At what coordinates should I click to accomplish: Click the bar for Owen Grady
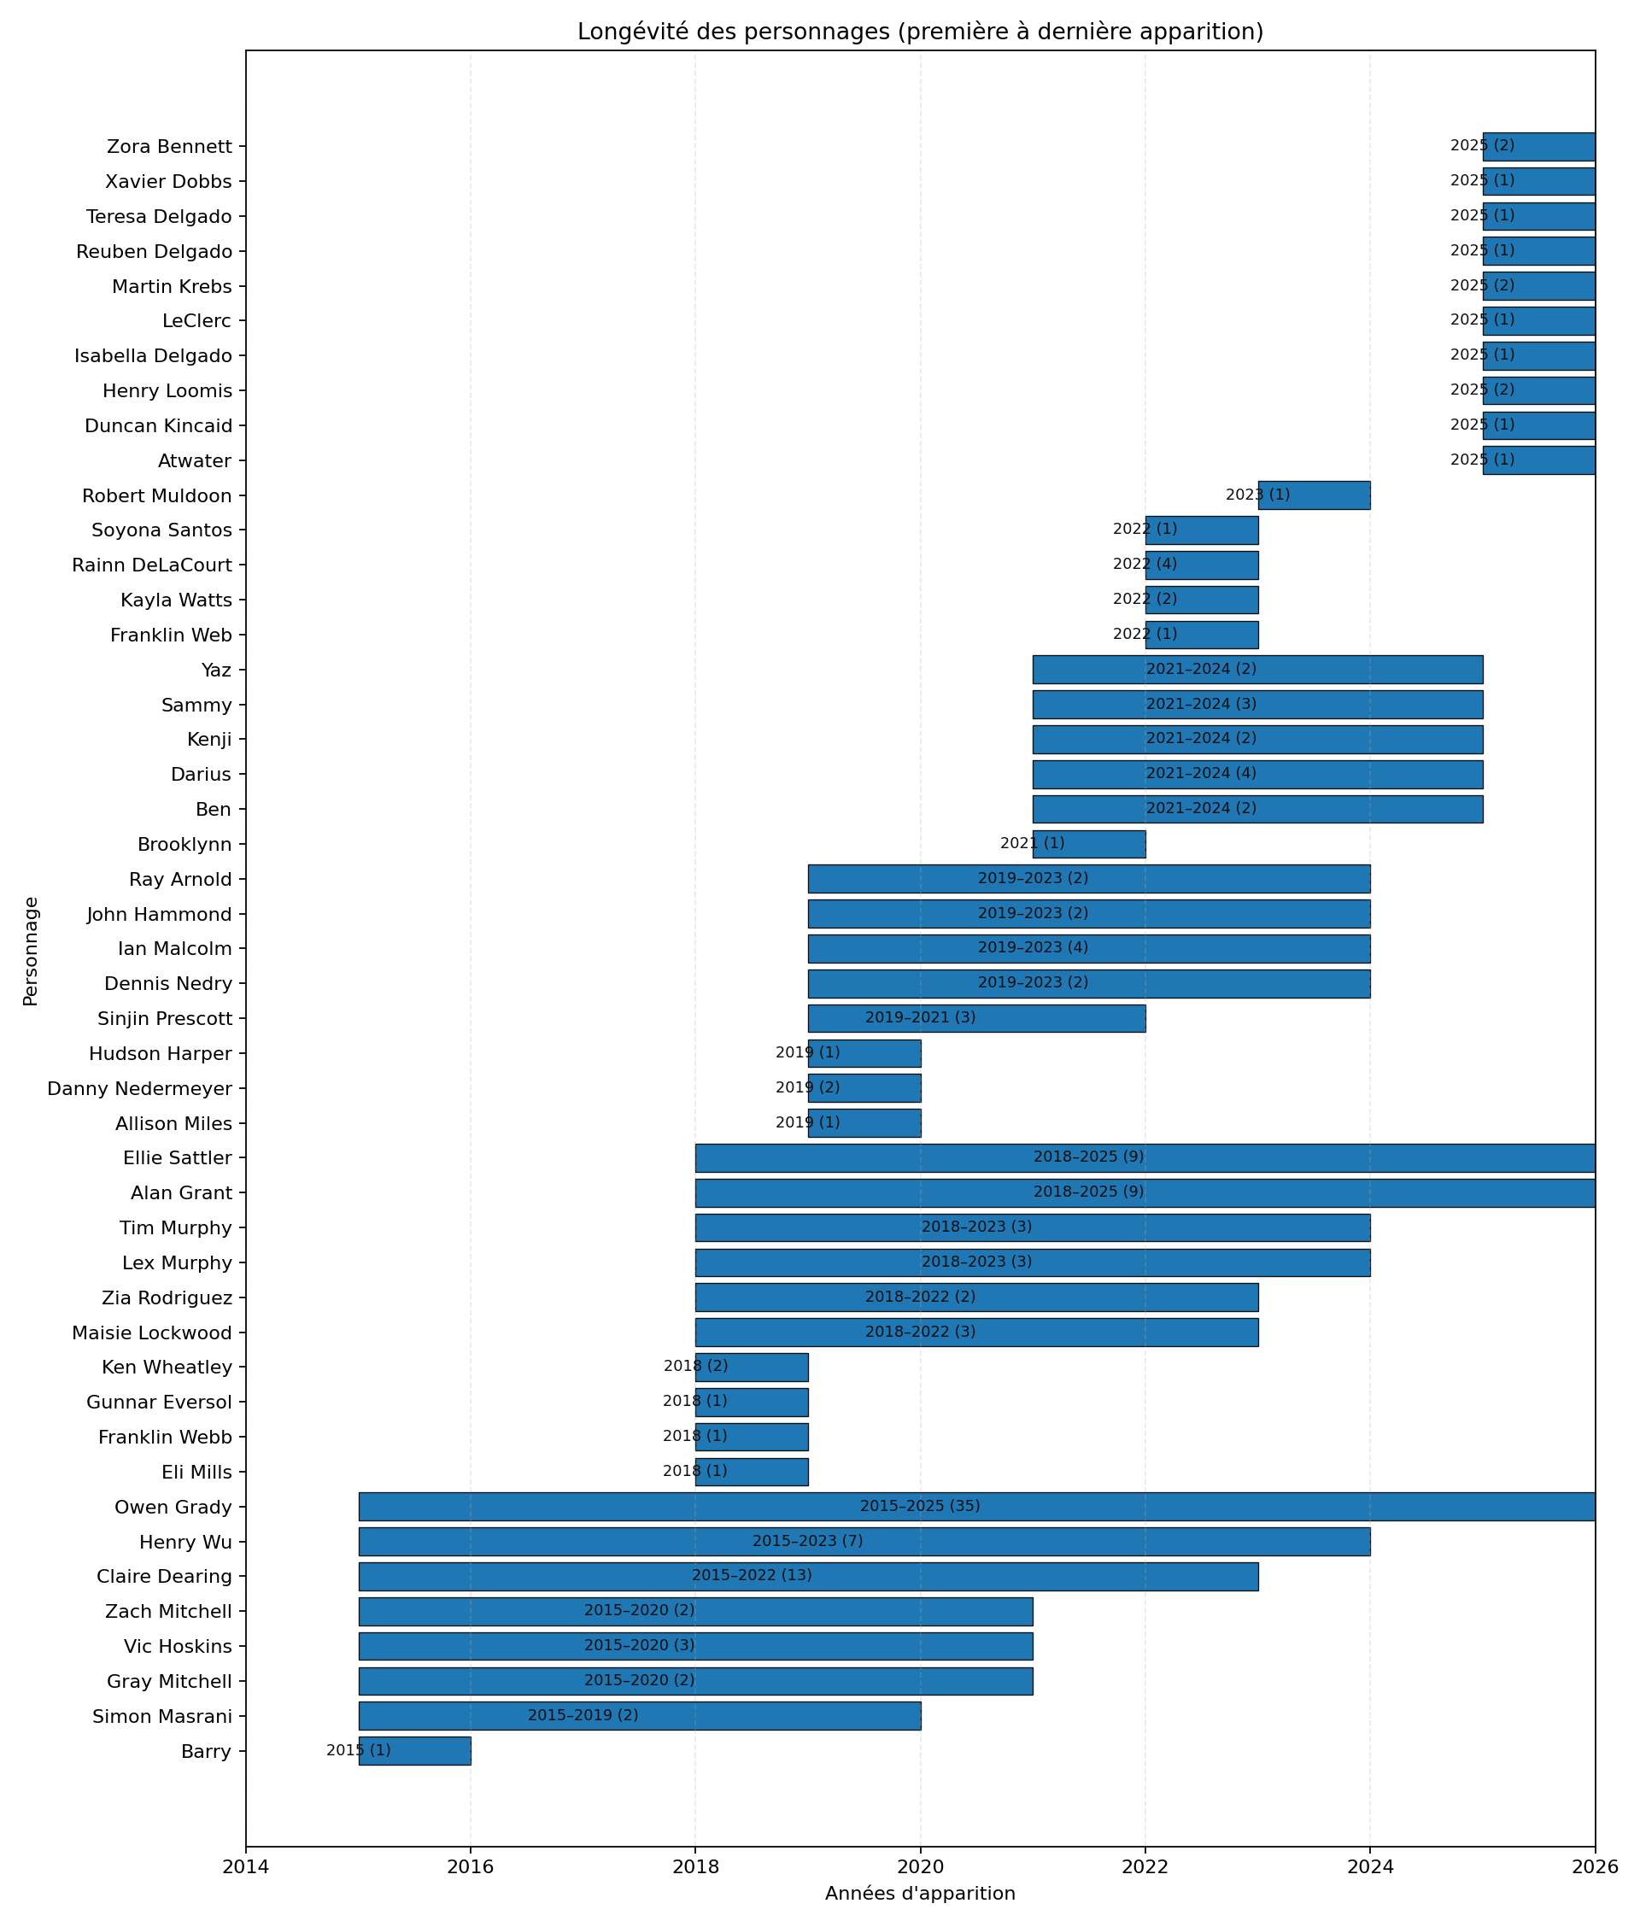pyautogui.click(x=976, y=1507)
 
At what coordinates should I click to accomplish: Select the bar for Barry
pyautogui.click(x=414, y=1751)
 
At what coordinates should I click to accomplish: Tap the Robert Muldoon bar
pyautogui.click(x=1314, y=495)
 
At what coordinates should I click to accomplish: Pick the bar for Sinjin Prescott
pyautogui.click(x=976, y=1019)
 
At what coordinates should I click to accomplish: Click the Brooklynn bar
pyautogui.click(x=1089, y=844)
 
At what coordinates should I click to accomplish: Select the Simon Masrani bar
pyautogui.click(x=640, y=1716)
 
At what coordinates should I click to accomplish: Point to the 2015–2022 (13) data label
pyautogui.click(x=751, y=1576)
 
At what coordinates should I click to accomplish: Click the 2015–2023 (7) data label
pyautogui.click(x=807, y=1541)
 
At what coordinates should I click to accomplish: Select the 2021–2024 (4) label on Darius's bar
pyautogui.click(x=1200, y=773)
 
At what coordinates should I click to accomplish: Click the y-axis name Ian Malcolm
pyautogui.click(x=175, y=949)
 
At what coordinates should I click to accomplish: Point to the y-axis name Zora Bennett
pyautogui.click(x=169, y=147)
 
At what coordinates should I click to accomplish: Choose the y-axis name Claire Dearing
pyautogui.click(x=165, y=1577)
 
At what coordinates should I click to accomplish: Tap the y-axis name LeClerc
pyautogui.click(x=196, y=320)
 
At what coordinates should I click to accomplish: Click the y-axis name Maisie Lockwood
pyautogui.click(x=153, y=1333)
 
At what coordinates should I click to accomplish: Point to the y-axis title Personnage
pyautogui.click(x=31, y=951)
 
